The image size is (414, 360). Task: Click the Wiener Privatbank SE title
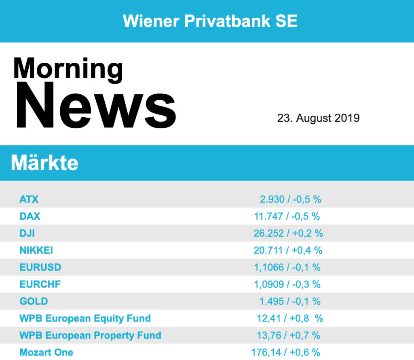coord(210,21)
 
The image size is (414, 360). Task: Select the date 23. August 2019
coord(318,118)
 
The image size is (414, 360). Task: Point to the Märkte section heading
coord(44,163)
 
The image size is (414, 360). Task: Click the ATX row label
coord(29,199)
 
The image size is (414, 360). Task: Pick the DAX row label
coord(30,216)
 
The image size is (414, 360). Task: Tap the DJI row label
coord(27,233)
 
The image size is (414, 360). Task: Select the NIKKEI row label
coord(36,250)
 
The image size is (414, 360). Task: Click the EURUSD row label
coord(40,267)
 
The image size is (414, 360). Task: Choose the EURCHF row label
coord(40,284)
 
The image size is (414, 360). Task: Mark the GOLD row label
coord(34,301)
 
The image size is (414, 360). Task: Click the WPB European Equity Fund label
coord(85,318)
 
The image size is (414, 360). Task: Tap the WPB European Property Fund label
coord(90,335)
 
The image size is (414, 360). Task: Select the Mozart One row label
coord(46,352)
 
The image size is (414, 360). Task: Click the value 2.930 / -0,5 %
coord(290,199)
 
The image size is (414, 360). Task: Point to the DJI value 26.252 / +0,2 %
coord(288,233)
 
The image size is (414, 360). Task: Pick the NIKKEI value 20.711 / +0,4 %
coord(288,250)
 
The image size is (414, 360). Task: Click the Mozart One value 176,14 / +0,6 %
coord(286,352)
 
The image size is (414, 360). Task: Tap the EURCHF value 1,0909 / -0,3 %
coord(287,284)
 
